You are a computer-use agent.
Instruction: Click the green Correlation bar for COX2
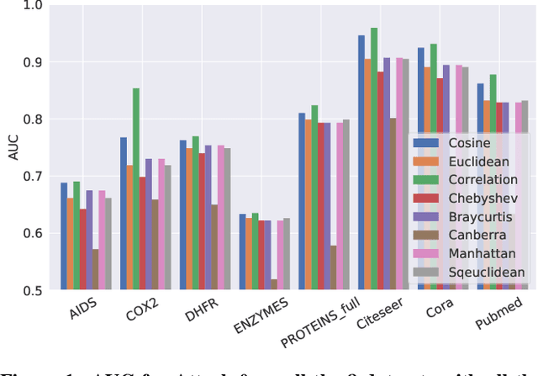[136, 189]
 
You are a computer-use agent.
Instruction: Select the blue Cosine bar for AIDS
[64, 236]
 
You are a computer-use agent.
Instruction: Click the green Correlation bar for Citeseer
[374, 159]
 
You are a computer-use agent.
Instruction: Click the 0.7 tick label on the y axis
[31, 177]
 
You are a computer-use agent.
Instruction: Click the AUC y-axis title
[12, 148]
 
